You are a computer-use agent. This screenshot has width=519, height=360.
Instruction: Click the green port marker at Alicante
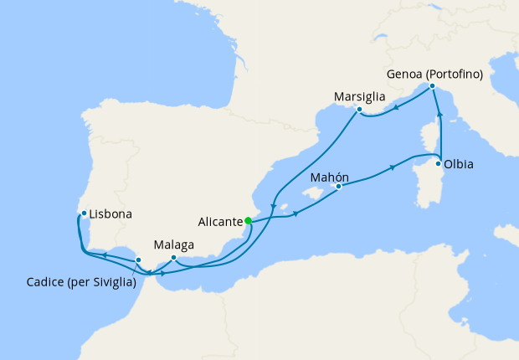(248, 221)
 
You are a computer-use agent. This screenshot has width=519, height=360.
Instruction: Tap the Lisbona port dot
(85, 213)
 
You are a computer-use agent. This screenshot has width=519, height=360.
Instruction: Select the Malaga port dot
(173, 258)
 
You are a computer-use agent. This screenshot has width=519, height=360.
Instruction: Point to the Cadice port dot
(138, 260)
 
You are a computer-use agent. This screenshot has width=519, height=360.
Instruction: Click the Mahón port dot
(338, 188)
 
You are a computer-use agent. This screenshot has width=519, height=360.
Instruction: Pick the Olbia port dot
(439, 163)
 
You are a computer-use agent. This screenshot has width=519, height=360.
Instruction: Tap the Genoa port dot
(432, 86)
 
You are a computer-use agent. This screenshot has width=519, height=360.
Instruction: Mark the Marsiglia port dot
(358, 110)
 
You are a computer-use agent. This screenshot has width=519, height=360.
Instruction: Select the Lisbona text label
(110, 214)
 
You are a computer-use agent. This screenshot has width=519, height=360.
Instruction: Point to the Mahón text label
(329, 177)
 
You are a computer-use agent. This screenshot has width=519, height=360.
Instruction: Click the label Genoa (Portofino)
(435, 74)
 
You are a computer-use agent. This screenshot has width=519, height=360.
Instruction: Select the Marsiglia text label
(358, 96)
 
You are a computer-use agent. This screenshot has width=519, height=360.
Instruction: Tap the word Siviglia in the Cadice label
(110, 283)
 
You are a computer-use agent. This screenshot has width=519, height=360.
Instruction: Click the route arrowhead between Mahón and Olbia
(393, 168)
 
